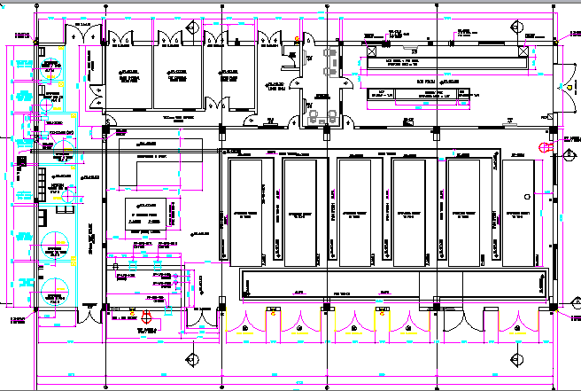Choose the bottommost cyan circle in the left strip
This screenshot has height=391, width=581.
point(55,288)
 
